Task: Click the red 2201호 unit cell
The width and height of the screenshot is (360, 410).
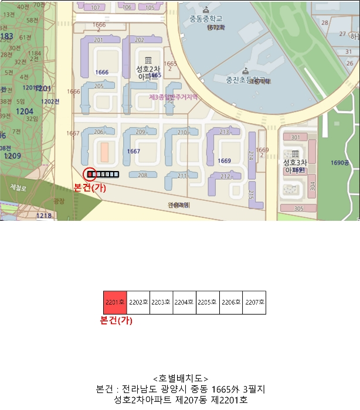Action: [x=115, y=303]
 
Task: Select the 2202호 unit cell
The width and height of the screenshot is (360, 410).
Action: [x=138, y=303]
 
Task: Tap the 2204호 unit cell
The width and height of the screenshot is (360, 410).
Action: [x=184, y=303]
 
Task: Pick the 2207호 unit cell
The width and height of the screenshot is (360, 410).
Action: [x=254, y=303]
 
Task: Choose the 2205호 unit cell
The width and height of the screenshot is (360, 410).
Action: [x=208, y=303]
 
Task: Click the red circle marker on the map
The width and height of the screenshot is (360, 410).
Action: [x=90, y=175]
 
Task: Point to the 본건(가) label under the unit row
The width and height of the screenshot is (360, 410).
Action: [x=116, y=320]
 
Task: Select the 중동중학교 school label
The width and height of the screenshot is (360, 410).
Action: [x=205, y=18]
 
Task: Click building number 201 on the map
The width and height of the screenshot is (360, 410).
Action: [x=99, y=40]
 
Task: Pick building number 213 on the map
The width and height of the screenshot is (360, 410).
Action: [x=225, y=132]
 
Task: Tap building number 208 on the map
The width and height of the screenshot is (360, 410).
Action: [x=142, y=175]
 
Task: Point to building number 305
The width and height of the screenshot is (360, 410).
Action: [x=298, y=209]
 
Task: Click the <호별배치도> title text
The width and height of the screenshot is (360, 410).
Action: [x=180, y=378]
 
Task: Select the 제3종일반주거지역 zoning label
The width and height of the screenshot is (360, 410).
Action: [x=174, y=97]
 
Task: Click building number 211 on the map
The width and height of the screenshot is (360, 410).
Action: [x=182, y=176]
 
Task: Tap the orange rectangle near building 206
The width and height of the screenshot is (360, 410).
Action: [x=104, y=151]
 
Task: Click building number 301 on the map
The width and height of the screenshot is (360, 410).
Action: [x=295, y=138]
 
